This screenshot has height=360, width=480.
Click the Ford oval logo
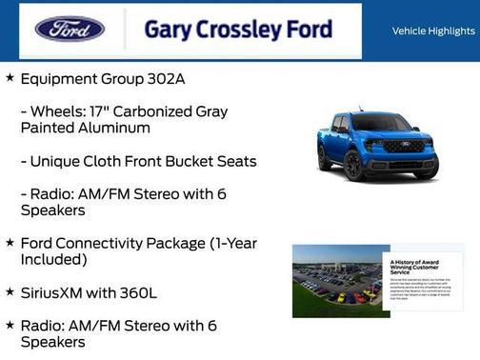tap(70, 30)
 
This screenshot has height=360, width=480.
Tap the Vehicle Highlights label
tap(432, 31)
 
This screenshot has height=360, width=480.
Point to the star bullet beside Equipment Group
tap(10, 77)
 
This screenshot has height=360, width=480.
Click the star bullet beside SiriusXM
tap(10, 290)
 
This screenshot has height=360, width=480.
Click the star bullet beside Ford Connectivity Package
tap(10, 242)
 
